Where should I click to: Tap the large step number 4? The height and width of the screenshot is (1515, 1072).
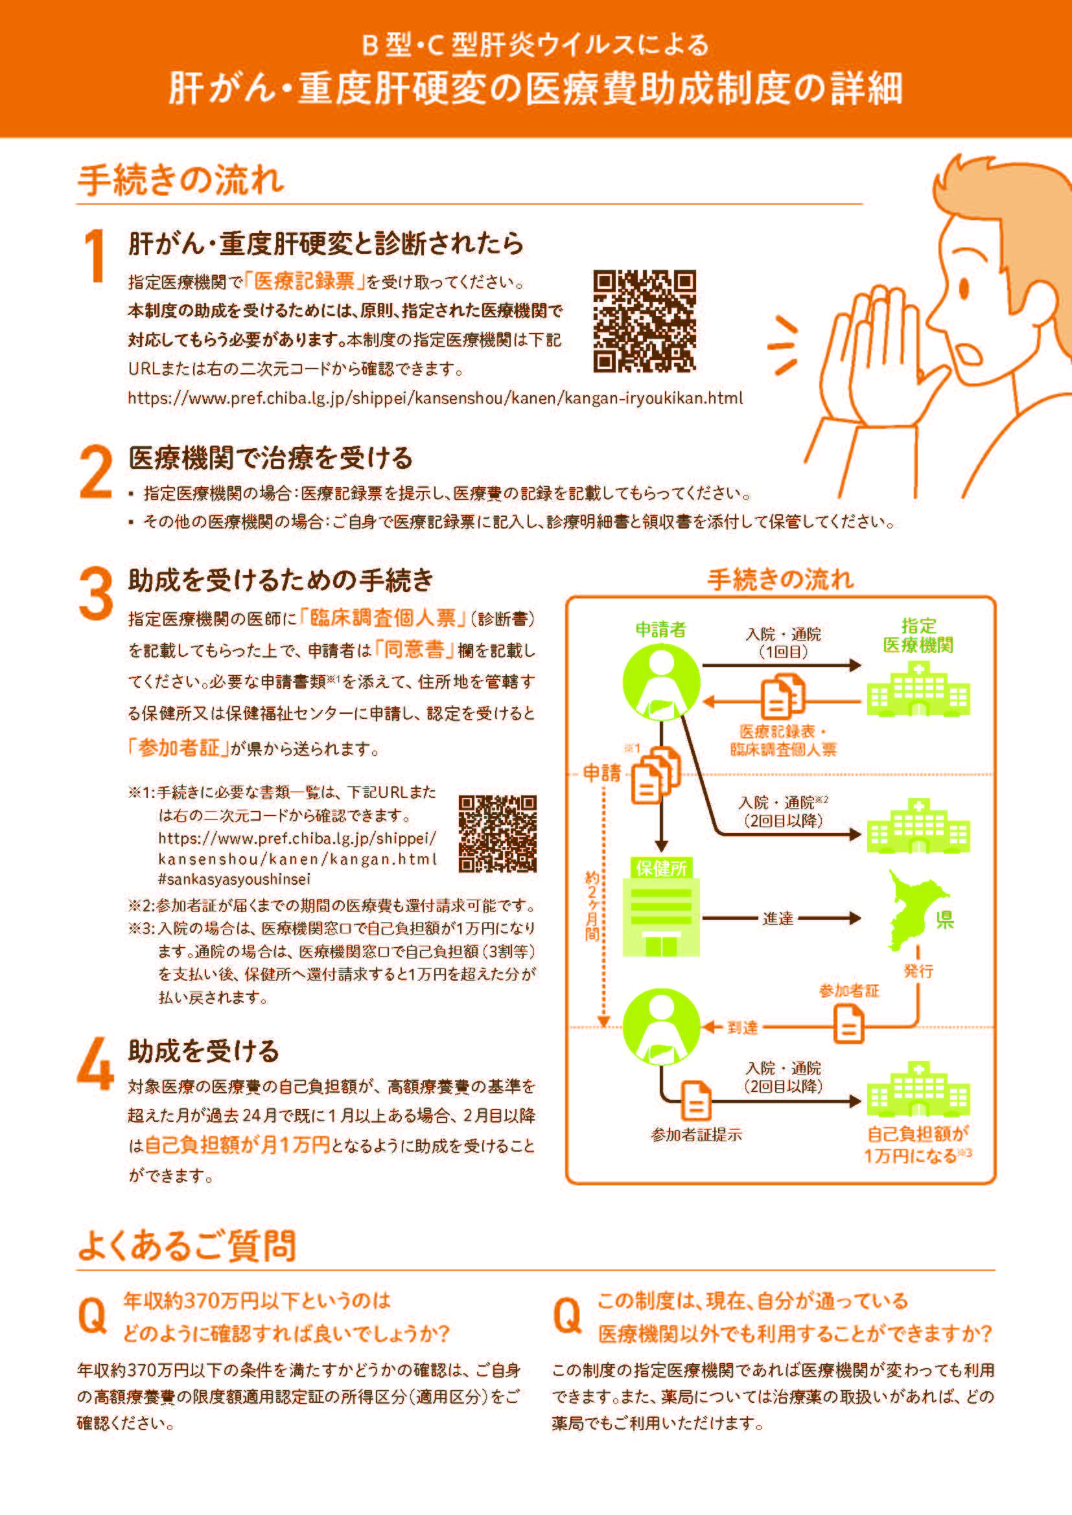pos(96,1064)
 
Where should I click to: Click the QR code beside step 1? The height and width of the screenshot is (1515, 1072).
pos(644,321)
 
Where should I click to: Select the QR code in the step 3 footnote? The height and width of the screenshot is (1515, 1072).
pos(497,834)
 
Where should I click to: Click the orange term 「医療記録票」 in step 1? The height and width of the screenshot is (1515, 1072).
pos(305,281)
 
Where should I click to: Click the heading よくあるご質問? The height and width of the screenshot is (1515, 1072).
pos(187,1246)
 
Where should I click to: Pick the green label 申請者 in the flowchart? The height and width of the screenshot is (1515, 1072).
pos(660,630)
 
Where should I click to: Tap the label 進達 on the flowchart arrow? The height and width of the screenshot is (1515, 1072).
pos(778,918)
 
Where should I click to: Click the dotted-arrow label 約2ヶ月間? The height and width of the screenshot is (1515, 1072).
pos(592,906)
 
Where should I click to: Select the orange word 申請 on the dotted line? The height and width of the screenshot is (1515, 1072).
pos(602,773)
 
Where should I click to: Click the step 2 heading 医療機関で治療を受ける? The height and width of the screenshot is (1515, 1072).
pos(271,457)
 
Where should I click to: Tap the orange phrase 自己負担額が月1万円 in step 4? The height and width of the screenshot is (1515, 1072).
pos(237,1145)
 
